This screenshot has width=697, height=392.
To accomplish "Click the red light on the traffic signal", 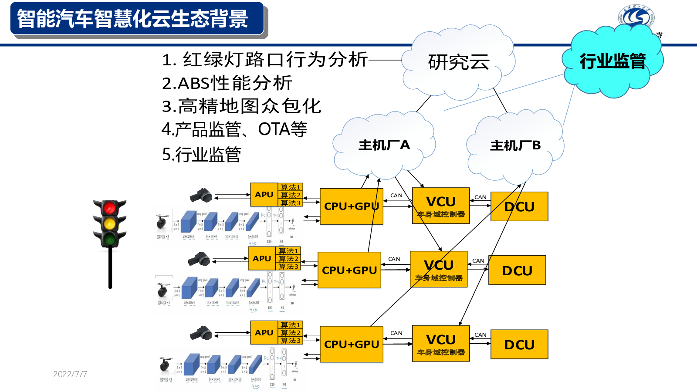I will point(109,208).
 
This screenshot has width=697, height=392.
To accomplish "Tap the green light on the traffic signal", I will point(109,239).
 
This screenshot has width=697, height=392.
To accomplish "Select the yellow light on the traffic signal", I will point(109,223).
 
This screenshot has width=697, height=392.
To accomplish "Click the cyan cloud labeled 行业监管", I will point(612,61).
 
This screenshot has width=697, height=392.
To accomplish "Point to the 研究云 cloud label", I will point(459,62).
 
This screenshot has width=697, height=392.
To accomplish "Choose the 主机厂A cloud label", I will point(384,145).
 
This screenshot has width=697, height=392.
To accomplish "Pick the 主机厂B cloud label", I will point(515,145).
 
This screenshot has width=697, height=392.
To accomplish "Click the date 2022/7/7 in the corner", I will point(70,374).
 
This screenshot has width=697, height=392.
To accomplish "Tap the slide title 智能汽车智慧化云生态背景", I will point(133,19).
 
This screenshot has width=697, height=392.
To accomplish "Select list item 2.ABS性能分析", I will point(227,83).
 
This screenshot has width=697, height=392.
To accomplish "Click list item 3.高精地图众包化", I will point(241,106).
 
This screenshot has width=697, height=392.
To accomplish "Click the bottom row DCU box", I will point(519,345).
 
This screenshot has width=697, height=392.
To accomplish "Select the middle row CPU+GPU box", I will point(349,270).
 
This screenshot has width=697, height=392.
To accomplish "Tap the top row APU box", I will point(264,195).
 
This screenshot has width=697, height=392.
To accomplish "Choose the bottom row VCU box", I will point(441,344).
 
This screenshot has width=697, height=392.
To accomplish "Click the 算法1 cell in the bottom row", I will point(290,325).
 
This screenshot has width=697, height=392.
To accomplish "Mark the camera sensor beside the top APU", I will point(201,196).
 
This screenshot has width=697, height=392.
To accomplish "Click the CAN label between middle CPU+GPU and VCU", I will point(394,259).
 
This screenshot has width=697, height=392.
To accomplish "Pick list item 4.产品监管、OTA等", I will point(234,129).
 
